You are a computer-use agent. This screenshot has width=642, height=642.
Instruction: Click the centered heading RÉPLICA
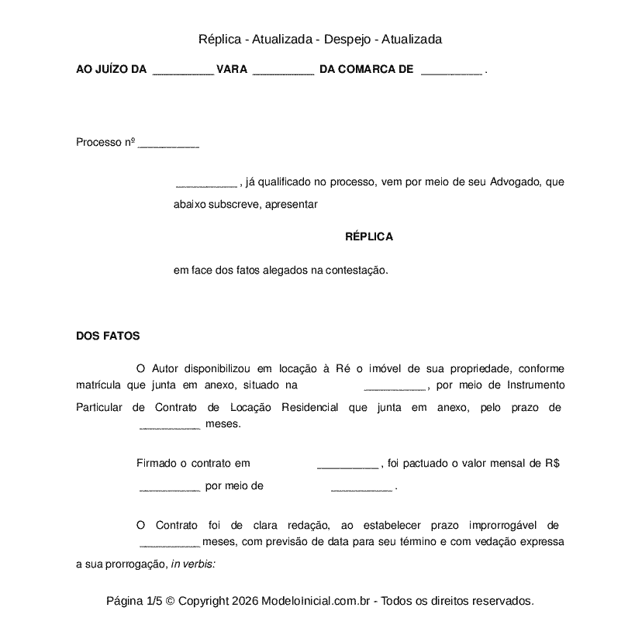point(368,236)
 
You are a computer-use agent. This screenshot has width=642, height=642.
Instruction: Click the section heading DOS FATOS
point(108,336)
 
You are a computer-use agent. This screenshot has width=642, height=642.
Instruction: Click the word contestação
point(354,271)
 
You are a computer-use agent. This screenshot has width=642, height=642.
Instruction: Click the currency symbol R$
point(552,464)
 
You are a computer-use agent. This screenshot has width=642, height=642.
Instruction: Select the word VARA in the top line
point(232,70)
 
